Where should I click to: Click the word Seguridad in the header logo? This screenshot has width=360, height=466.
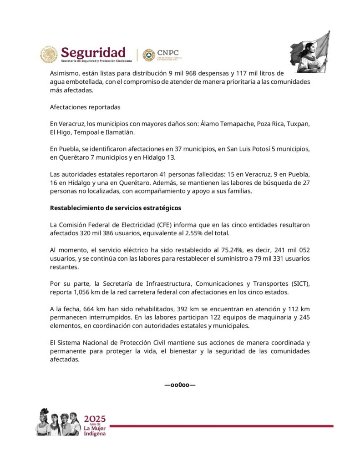[93, 52]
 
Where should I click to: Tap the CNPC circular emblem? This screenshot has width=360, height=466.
[148, 55]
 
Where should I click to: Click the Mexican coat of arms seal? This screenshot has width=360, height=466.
[49, 55]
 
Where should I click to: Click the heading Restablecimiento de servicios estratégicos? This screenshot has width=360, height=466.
[115, 208]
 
